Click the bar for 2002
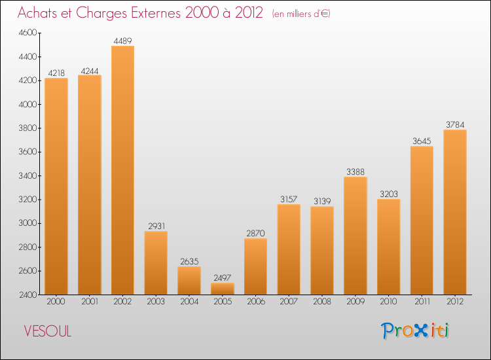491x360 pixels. point(122,170)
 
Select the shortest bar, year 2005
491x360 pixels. point(223,289)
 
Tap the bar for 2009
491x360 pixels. point(355,236)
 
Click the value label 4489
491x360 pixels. point(122,41)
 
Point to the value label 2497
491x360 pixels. point(223,278)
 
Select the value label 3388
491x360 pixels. point(355,172)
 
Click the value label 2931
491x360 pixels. point(156,226)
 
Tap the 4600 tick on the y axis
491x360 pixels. point(29,33)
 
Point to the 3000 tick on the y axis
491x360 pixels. point(29,223)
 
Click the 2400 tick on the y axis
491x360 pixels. point(29,295)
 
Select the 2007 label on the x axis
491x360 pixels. point(289,302)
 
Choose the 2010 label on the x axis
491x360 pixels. point(388,302)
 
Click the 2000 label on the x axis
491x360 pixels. point(56,302)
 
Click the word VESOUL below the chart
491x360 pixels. point(47,332)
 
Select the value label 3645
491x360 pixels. point(422,141)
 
